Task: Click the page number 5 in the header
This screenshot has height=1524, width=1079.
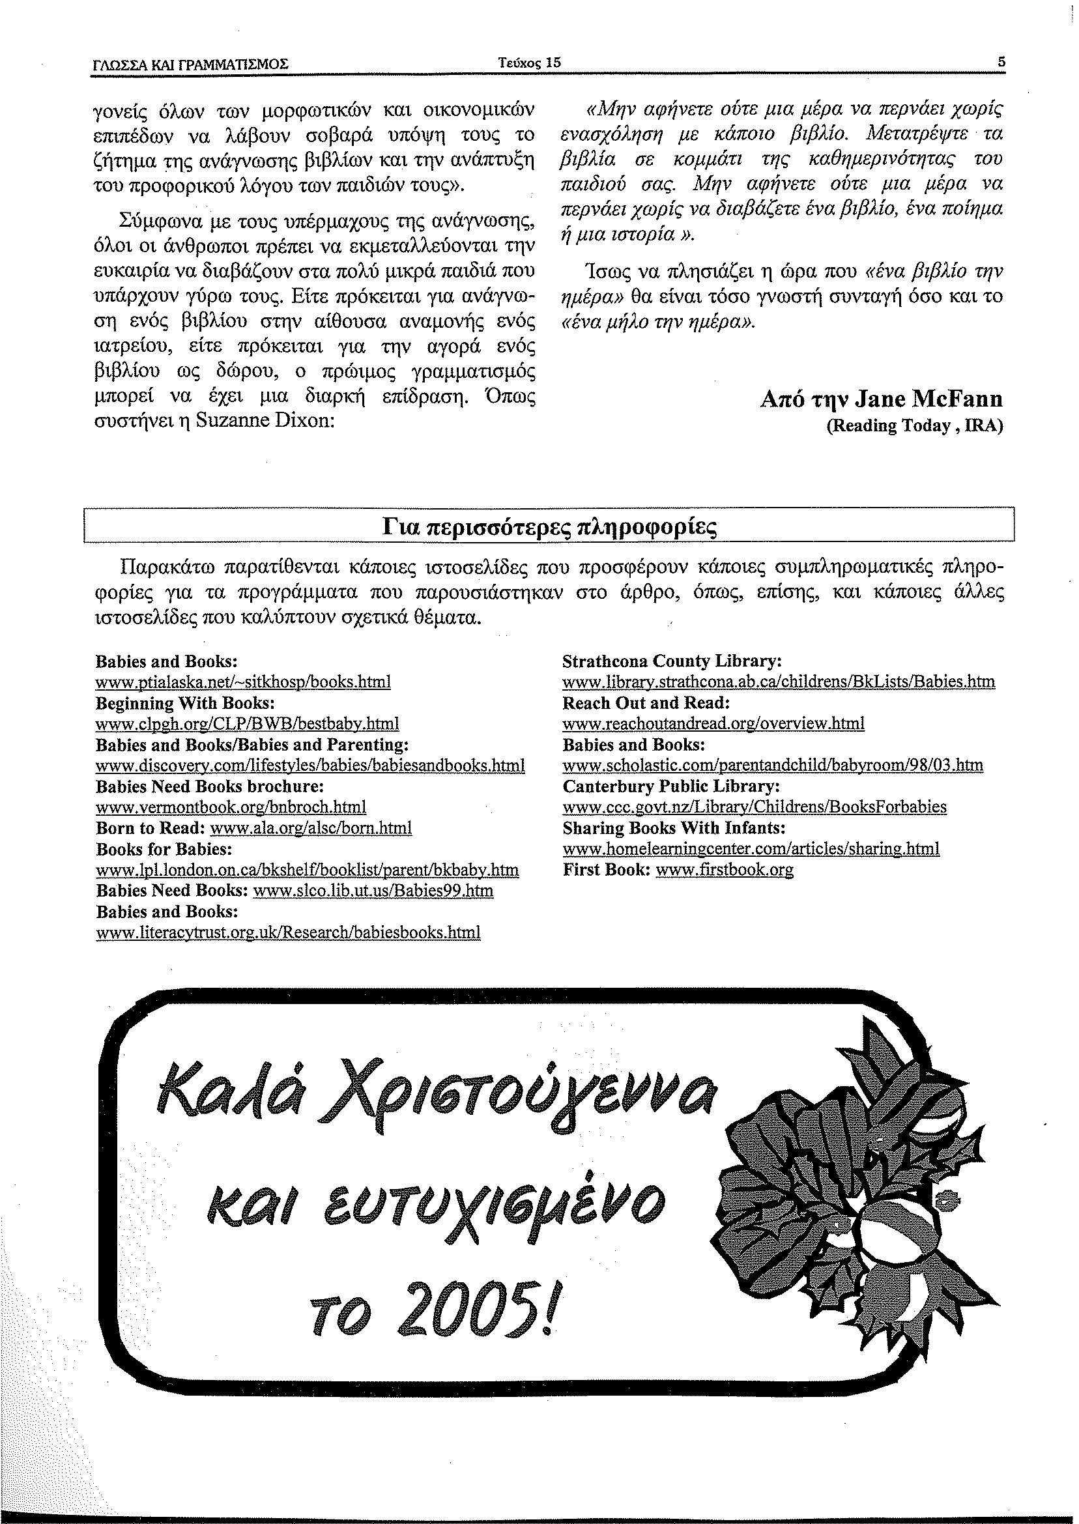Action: tap(1001, 63)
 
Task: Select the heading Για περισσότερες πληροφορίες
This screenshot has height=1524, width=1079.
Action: tap(550, 527)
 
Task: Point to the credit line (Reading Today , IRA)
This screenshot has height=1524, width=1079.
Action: tap(914, 426)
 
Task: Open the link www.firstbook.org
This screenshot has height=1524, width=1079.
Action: tap(724, 870)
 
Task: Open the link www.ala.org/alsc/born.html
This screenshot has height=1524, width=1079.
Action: tap(311, 828)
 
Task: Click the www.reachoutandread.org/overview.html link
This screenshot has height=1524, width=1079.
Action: tap(713, 723)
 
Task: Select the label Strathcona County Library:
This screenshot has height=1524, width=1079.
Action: tap(672, 662)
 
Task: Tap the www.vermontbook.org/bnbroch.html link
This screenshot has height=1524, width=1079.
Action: tap(231, 807)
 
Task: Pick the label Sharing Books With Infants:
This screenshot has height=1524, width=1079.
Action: tap(674, 828)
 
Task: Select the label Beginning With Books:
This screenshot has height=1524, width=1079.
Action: tap(185, 703)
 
